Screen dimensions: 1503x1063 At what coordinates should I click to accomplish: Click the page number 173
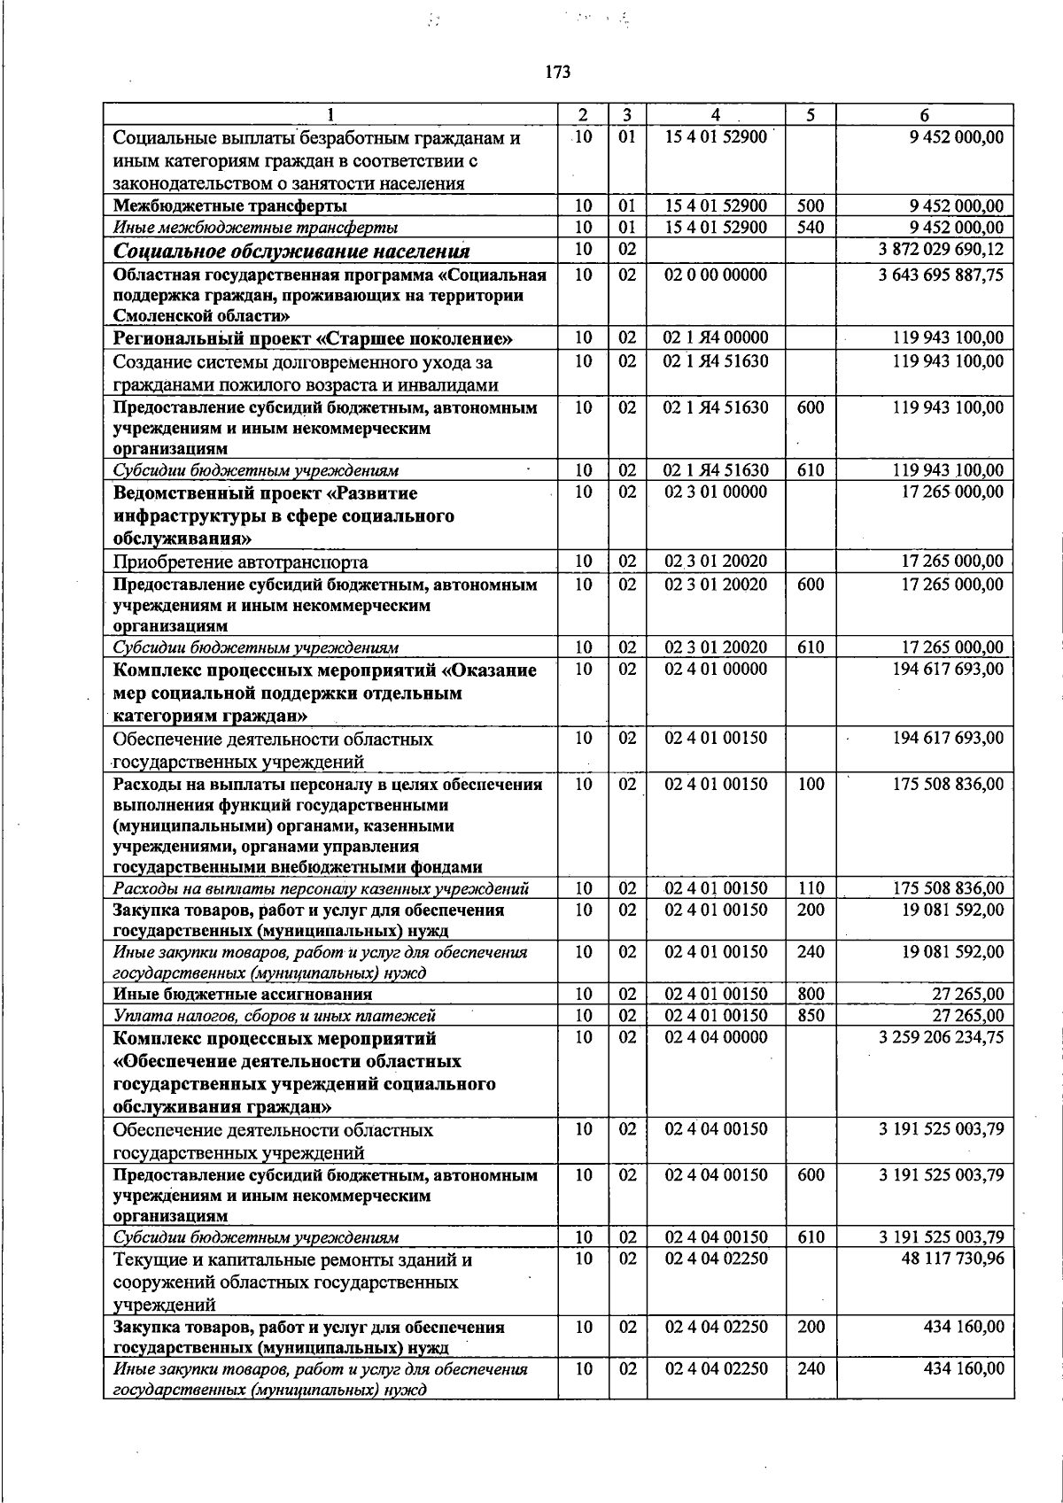pos(558,73)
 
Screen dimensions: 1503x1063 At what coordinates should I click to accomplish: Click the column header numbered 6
pos(925,115)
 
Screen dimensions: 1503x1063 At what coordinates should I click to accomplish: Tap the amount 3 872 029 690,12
pos(941,250)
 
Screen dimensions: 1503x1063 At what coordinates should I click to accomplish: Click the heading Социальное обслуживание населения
pos(291,252)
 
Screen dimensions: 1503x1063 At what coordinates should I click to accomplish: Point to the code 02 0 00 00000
pos(716,275)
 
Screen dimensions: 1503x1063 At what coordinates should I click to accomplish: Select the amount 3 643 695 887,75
pos(941,275)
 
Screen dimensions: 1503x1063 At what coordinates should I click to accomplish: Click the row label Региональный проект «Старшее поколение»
pos(314,339)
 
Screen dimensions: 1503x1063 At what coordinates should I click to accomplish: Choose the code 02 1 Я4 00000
pos(716,337)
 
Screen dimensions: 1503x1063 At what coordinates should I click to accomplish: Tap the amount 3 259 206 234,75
pos(941,1037)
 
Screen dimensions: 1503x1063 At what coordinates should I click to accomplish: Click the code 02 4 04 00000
pos(716,1037)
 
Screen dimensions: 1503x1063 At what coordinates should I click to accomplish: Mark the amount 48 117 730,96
pos(952,1259)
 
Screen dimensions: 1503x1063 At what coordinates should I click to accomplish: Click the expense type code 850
pos(811,1016)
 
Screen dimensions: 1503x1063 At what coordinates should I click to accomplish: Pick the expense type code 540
pos(811,228)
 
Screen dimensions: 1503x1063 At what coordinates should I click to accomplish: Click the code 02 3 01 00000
pos(716,492)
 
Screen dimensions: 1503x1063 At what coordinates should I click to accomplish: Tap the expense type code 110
pos(811,888)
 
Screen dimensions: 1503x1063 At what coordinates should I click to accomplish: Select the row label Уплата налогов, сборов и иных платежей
pos(275,1016)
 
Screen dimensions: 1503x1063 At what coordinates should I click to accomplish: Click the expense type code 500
pos(811,206)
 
